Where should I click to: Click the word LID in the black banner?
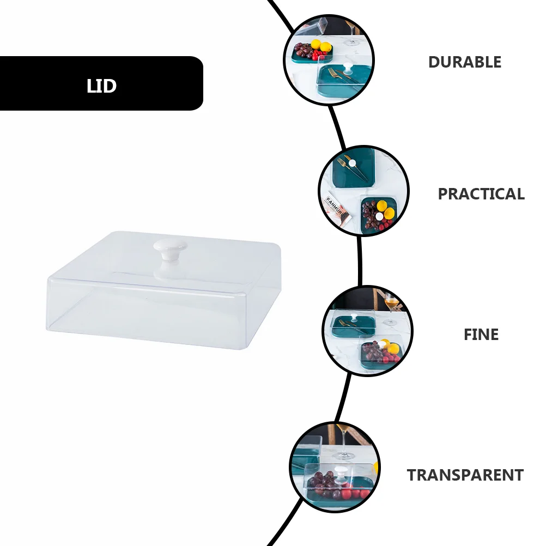pos(101,86)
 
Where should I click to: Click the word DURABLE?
pos(464,62)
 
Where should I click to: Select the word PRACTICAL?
pos(481,194)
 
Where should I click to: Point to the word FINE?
pos(481,334)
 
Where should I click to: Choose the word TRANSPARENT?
pos(465,475)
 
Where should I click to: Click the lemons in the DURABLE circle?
pos(320,46)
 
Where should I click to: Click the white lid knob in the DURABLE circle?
pos(346,70)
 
